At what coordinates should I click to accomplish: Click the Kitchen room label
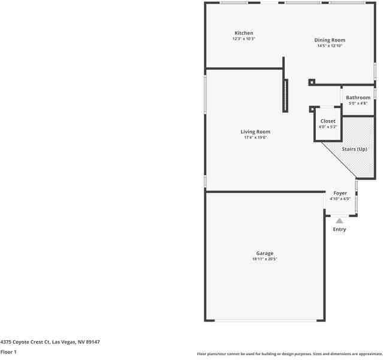click(243, 33)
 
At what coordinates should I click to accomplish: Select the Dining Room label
click(330, 40)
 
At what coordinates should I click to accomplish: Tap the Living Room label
click(255, 131)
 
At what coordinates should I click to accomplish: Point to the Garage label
click(264, 253)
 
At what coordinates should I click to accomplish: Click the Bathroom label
click(358, 97)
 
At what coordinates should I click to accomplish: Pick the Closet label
click(328, 121)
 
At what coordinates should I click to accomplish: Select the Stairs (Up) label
click(354, 149)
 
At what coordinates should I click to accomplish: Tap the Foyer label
click(339, 193)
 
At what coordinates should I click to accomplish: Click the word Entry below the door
click(339, 229)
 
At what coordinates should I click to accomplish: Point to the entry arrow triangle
click(339, 221)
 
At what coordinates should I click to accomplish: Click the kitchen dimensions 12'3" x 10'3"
click(243, 39)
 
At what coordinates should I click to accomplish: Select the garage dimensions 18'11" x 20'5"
click(264, 259)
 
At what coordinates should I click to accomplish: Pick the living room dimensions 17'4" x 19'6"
click(255, 137)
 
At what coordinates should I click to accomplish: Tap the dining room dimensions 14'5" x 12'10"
click(330, 46)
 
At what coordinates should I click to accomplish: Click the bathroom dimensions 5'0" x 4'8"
click(358, 103)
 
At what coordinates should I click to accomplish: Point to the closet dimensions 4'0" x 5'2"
click(328, 127)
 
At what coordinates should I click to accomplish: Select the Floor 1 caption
click(8, 352)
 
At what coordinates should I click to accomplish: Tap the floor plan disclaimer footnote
click(289, 354)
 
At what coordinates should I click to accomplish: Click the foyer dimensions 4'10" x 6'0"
click(339, 199)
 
